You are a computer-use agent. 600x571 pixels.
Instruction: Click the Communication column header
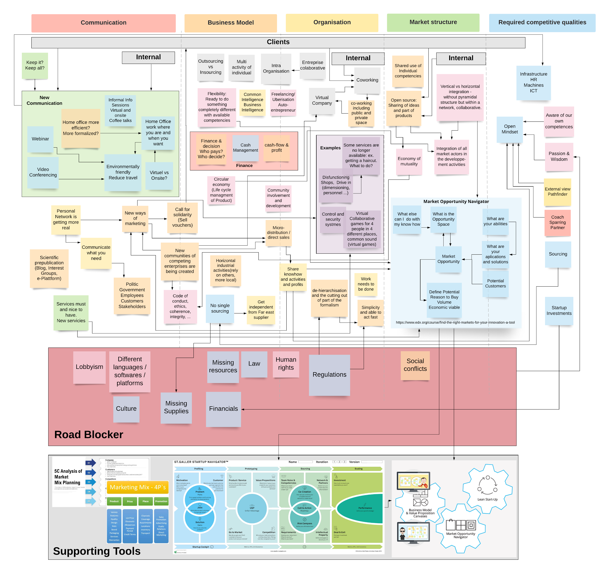103,23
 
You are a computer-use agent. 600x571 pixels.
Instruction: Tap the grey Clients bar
278,42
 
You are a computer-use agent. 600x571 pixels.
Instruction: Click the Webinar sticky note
40,139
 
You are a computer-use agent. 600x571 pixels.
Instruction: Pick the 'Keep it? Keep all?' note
35,66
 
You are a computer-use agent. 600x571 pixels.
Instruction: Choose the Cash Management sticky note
245,148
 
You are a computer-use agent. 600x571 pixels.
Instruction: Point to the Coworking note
367,80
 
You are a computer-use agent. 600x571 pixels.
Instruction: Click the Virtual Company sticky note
322,100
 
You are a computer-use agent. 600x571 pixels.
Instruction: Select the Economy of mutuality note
409,161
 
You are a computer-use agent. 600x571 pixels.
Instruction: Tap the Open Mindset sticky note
509,129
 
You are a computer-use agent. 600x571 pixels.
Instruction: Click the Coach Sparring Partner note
557,222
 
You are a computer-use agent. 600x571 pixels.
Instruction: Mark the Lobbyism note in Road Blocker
89,367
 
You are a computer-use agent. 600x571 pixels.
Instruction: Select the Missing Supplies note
176,407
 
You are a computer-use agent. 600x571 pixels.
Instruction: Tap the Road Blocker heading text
89,435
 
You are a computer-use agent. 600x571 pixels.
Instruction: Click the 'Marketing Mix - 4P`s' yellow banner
138,487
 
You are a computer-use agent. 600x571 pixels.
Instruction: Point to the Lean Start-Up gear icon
487,487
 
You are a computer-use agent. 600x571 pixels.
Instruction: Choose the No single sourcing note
220,308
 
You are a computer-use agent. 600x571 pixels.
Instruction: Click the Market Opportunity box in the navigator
448,259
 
